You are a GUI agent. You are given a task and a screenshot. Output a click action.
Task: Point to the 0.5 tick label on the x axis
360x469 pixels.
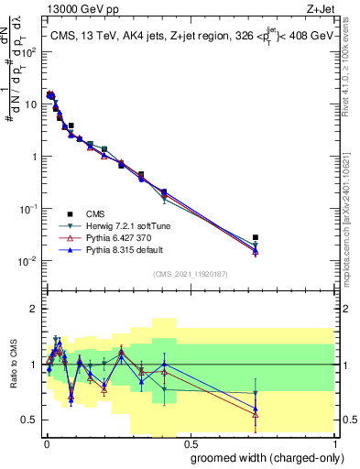pos(189,442)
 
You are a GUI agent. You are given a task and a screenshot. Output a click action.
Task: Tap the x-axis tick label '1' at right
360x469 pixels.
pos(334,442)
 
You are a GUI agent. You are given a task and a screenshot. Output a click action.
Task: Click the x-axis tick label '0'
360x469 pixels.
pos(45,442)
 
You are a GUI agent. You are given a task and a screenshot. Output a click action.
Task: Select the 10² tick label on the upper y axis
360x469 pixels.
pos(29,51)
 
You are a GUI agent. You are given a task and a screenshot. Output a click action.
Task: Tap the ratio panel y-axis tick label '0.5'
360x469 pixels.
pos(31,420)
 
